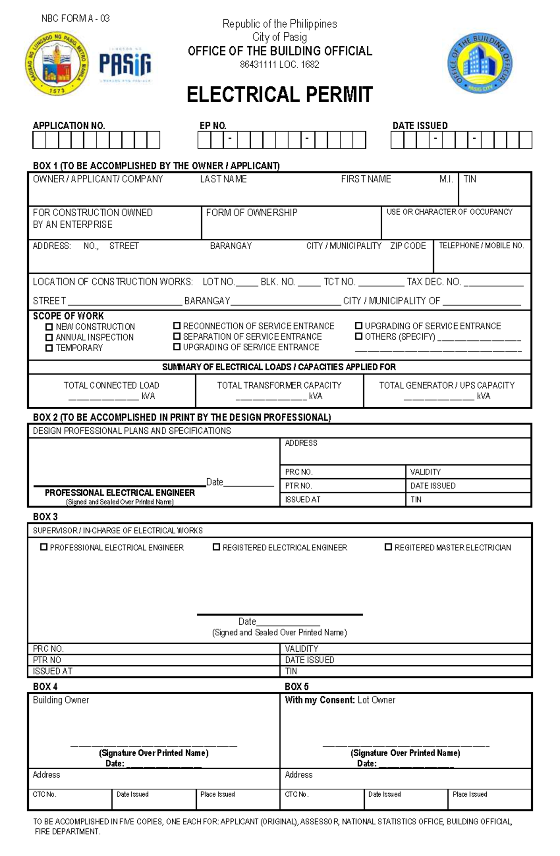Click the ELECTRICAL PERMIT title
click(x=280, y=95)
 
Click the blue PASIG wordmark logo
click(x=125, y=64)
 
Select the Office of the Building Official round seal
click(x=480, y=63)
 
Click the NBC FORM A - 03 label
click(x=76, y=19)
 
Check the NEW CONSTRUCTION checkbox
click(x=49, y=327)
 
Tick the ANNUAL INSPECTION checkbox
click(x=49, y=337)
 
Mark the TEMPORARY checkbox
click(x=49, y=348)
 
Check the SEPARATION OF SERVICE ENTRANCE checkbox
click(x=177, y=336)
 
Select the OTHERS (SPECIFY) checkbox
click(x=358, y=336)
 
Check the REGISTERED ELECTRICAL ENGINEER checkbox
click(x=216, y=547)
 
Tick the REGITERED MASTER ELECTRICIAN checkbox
click(x=388, y=547)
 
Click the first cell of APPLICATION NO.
click(x=39, y=140)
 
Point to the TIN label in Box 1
click(x=470, y=179)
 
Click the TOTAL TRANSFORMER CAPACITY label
click(x=279, y=385)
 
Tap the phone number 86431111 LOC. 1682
click(x=280, y=65)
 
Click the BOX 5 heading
click(x=296, y=687)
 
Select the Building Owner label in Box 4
click(x=61, y=700)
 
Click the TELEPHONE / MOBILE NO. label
click(x=481, y=246)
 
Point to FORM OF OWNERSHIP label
click(x=252, y=213)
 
